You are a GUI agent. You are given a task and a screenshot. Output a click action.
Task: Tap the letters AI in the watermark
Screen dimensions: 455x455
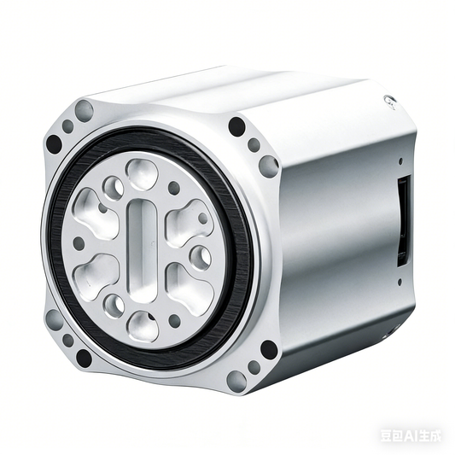pos(411,435)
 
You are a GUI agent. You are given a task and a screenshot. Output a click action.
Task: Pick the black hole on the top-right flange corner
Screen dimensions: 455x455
pos(237,127)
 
